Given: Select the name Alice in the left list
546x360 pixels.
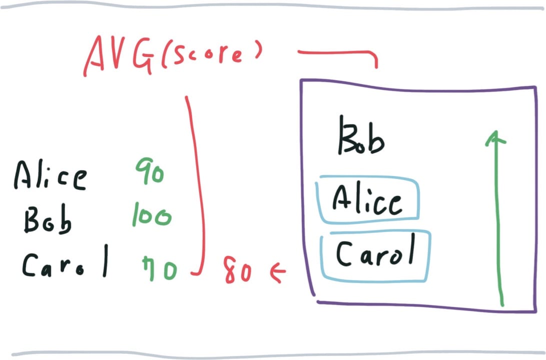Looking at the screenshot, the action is pos(50,175).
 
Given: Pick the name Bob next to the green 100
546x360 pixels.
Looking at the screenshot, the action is pos(48,219).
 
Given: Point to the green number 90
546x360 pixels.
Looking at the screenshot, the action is pos(150,170).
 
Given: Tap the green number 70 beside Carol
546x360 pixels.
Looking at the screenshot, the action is pos(160,268).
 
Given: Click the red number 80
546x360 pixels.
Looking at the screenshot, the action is pos(238,270).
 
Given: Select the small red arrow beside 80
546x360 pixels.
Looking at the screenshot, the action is pos(278,271).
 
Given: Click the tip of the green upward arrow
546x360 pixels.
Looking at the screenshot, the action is pos(496,131).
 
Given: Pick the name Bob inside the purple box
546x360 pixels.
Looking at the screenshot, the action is pos(361,135).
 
